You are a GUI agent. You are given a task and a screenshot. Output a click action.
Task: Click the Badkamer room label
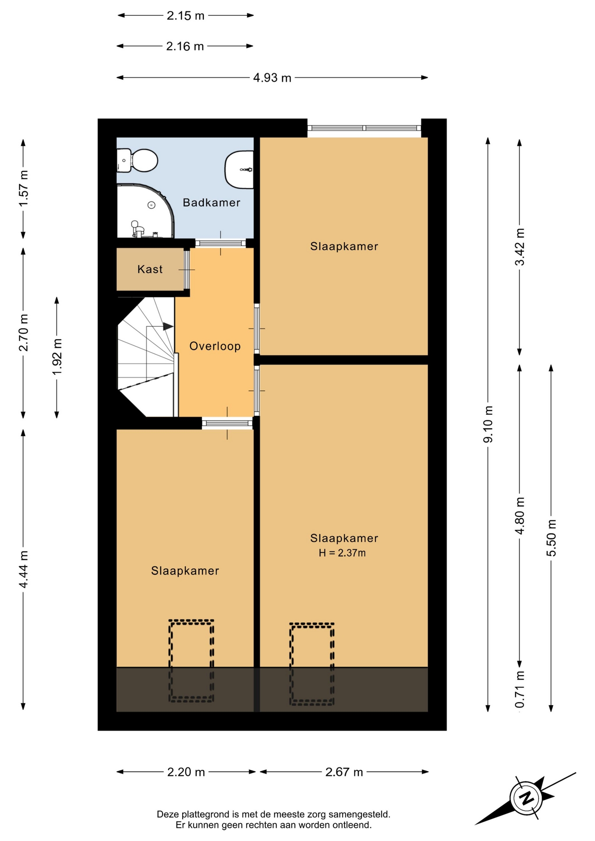[x=211, y=202]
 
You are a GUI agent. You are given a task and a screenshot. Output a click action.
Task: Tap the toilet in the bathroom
[x=137, y=161]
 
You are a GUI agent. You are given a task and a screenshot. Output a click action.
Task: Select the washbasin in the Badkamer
[x=239, y=170]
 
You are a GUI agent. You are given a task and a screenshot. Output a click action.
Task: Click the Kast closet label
[x=150, y=269]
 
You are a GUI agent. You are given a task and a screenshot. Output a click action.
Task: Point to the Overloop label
[x=215, y=346]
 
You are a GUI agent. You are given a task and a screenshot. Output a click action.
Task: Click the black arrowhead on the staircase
[x=168, y=326]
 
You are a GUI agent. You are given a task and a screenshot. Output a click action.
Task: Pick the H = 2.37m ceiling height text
[x=342, y=553]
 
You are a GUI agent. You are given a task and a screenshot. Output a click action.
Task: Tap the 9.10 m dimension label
[x=488, y=424]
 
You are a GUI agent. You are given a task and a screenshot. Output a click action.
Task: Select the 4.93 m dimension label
[x=272, y=78]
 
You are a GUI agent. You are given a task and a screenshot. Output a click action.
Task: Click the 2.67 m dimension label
[x=344, y=772]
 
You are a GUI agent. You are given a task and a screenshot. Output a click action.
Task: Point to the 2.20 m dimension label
[x=186, y=772]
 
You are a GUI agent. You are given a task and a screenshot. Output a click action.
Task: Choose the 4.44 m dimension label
[x=23, y=569]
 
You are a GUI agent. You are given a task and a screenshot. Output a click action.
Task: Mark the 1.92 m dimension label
[x=57, y=357]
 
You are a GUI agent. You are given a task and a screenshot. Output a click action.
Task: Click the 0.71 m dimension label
[x=520, y=689]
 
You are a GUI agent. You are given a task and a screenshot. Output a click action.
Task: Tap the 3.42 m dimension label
[x=520, y=247]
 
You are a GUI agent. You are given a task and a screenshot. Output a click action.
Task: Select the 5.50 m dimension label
[x=551, y=538]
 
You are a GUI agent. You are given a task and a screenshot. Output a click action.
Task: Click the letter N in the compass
[x=527, y=797]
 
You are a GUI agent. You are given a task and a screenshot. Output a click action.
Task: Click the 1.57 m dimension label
[x=23, y=188]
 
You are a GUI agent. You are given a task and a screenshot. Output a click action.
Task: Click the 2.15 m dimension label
[x=185, y=16]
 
